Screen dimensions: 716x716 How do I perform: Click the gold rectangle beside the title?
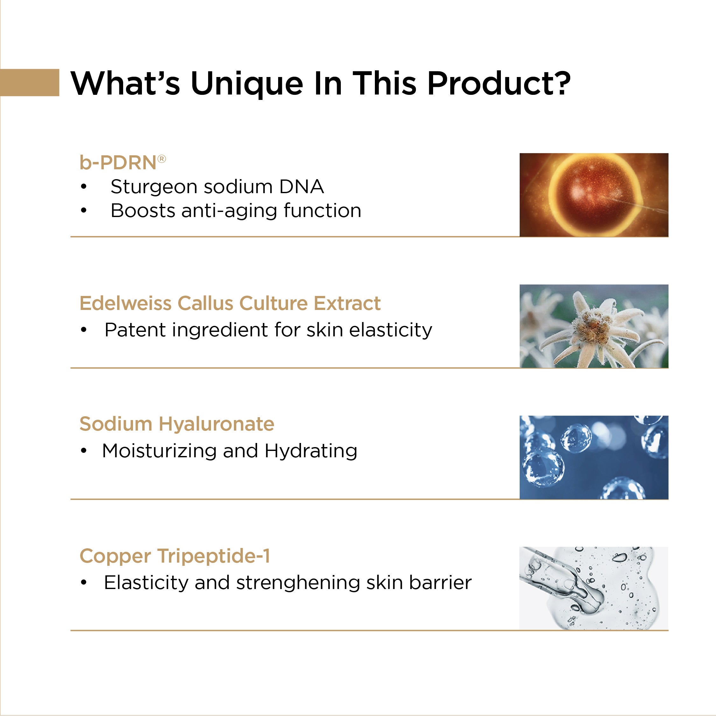30,82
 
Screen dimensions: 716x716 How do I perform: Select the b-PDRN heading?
123,163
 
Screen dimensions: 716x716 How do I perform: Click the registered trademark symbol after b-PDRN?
162,159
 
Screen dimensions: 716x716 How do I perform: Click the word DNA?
302,186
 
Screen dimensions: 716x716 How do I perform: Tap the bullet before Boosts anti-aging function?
84,210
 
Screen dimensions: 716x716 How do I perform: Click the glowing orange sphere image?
594,195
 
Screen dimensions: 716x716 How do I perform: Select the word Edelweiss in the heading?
126,303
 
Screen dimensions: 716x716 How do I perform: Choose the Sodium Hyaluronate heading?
177,424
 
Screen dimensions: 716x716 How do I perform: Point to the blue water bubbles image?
594,457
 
